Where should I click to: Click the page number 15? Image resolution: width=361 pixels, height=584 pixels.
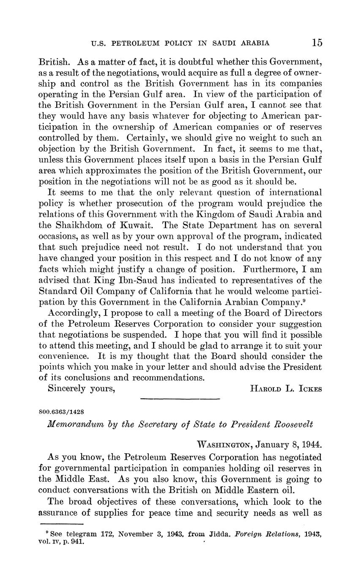click(x=317, y=42)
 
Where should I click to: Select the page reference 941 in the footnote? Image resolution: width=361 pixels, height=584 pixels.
click(x=78, y=542)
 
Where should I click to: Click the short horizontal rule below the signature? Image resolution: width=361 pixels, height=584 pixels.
click(x=180, y=399)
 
